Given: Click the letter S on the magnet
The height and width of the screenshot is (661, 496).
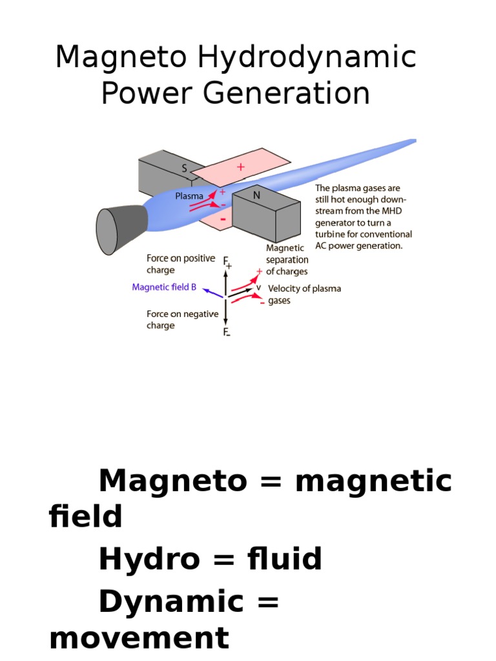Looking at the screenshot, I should [x=184, y=169].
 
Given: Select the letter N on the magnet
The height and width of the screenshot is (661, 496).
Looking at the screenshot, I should [x=256, y=194].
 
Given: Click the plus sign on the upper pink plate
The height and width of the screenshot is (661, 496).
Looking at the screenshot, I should [x=241, y=167].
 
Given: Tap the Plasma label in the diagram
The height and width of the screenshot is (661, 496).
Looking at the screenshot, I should [x=189, y=196].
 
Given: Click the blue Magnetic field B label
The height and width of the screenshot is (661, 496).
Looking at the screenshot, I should [x=164, y=287].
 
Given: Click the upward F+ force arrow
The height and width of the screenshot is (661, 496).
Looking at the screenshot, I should [x=225, y=281].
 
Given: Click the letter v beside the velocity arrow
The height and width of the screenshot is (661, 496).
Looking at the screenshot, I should [x=259, y=287].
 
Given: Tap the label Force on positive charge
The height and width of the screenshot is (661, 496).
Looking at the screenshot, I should [x=181, y=264].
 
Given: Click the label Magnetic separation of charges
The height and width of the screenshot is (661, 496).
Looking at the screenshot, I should [x=287, y=260].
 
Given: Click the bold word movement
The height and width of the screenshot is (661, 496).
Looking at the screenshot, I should [x=139, y=638].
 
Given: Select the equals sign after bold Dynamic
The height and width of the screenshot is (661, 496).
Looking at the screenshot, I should [x=261, y=602].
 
